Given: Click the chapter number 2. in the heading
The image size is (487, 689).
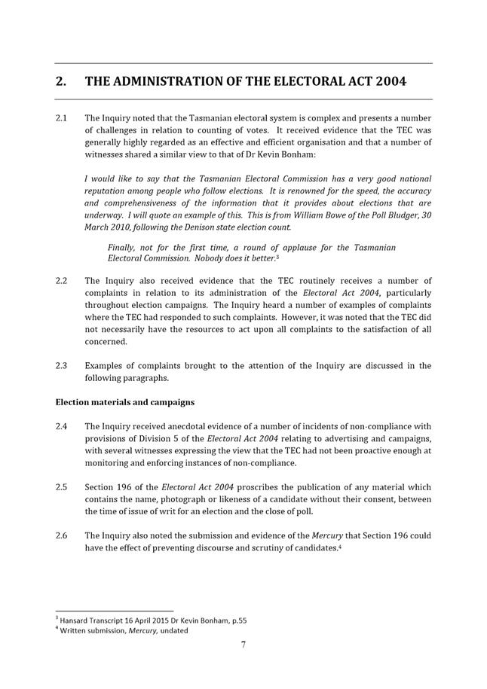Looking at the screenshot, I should coord(62,81).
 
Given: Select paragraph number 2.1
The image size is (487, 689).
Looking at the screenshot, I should coord(63,118).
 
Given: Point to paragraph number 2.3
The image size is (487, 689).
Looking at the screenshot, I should coord(63,366).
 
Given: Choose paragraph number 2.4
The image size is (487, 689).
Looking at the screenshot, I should coord(63,426).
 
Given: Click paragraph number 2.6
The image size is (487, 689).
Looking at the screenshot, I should coord(63,535).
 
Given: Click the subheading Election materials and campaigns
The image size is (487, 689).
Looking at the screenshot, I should coord(125,402).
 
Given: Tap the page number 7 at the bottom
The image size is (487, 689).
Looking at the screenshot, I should coord(244,645).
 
